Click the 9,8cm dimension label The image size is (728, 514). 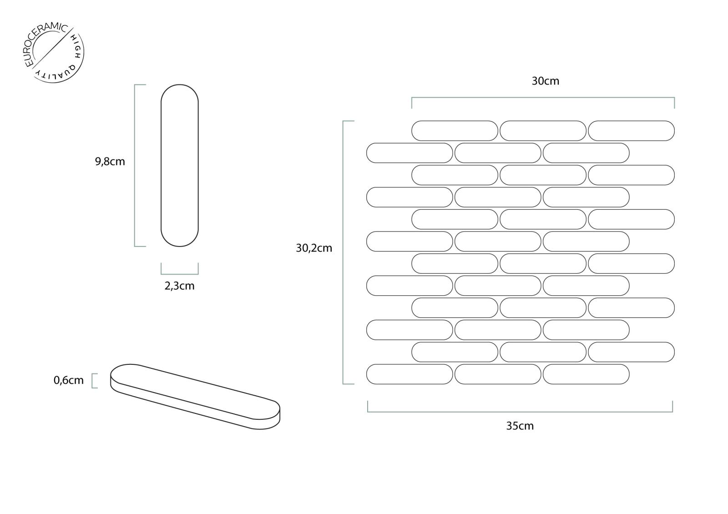110,161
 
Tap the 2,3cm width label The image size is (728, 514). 179,286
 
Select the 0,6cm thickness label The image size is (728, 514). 69,380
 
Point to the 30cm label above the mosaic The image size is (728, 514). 546,81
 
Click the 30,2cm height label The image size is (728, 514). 314,248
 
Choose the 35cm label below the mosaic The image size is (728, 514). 520,426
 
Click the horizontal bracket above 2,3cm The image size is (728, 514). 179,274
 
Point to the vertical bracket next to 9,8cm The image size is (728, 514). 135,166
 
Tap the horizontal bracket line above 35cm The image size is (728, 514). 520,412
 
